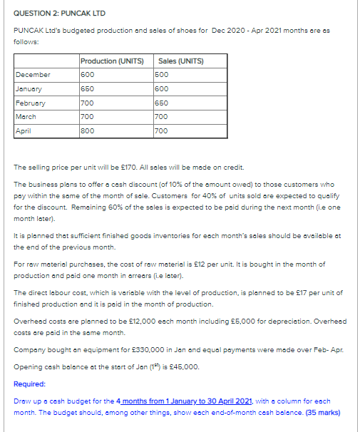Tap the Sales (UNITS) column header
coord(179,61)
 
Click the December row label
coord(33,74)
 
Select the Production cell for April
coord(88,131)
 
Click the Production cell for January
coord(88,88)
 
